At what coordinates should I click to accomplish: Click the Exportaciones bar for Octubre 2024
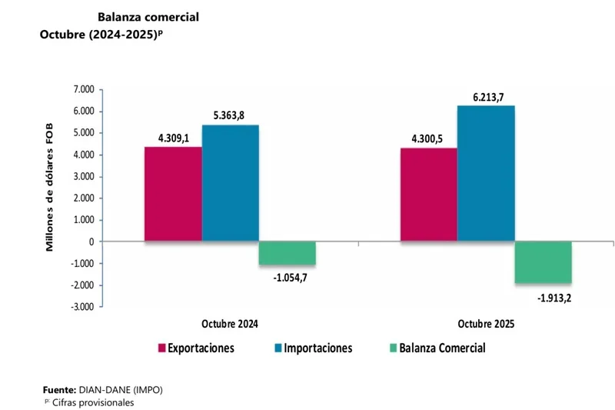(x=173, y=194)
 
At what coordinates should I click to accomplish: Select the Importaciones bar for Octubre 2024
(x=230, y=183)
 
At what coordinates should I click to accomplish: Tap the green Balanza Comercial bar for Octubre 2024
(x=287, y=253)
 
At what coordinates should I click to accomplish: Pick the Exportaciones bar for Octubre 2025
(x=428, y=195)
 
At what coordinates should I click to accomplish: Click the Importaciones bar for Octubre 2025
(x=486, y=173)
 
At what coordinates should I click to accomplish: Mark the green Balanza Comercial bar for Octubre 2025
(x=543, y=262)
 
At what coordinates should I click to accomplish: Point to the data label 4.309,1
(x=174, y=139)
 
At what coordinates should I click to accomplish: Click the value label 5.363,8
(x=230, y=117)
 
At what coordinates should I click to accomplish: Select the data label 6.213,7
(x=486, y=97)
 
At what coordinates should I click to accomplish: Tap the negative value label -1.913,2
(x=543, y=295)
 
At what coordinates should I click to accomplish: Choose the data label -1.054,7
(x=287, y=277)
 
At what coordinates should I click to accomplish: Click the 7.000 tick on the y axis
(x=81, y=90)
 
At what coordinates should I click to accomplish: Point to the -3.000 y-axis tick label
(x=79, y=307)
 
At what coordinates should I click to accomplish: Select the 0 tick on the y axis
(x=91, y=242)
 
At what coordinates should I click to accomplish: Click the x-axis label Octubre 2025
(x=486, y=324)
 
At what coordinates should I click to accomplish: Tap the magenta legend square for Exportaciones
(x=162, y=348)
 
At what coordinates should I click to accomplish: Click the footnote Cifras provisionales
(x=91, y=402)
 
